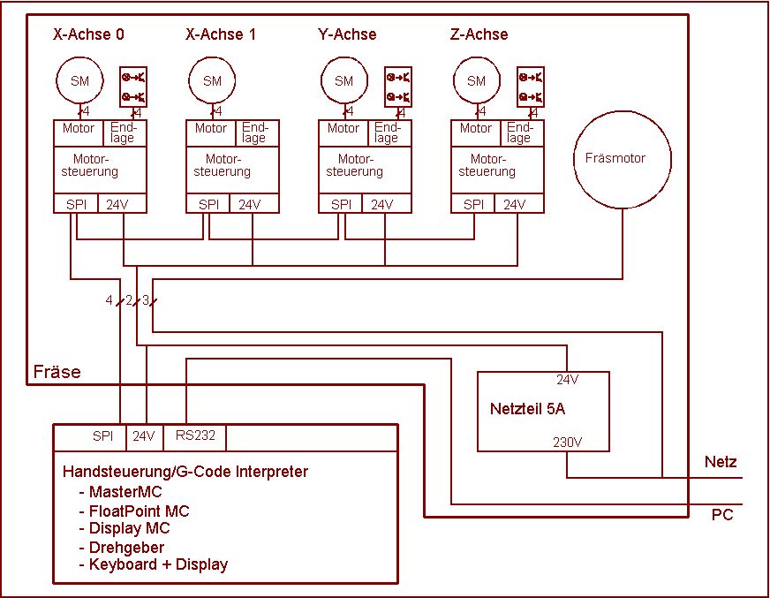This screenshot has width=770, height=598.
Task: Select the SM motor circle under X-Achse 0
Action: point(79,81)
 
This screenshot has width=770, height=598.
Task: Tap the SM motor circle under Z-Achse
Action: point(476,81)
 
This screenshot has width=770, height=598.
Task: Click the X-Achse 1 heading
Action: point(221,34)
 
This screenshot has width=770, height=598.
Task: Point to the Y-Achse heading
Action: point(347,34)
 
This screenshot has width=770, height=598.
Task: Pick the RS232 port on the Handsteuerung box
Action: point(195,435)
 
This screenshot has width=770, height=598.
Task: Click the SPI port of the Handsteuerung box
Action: point(103,435)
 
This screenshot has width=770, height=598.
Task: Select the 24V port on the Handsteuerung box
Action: point(143,435)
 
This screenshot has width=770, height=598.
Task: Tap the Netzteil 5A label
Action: point(527,410)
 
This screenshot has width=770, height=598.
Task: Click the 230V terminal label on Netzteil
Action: point(567,442)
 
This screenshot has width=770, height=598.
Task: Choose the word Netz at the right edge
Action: point(721,462)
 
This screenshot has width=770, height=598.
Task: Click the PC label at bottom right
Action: point(722,515)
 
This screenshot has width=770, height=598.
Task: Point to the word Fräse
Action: point(57,372)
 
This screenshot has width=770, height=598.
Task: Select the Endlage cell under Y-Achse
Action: point(387,132)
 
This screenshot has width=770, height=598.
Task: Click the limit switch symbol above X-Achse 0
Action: point(134,87)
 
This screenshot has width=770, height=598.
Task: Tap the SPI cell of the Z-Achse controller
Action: point(473,204)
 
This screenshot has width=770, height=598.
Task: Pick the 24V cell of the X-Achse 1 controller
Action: point(250,204)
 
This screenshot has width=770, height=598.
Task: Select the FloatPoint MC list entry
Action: point(139,511)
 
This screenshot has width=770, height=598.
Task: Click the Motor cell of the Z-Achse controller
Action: point(475,129)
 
